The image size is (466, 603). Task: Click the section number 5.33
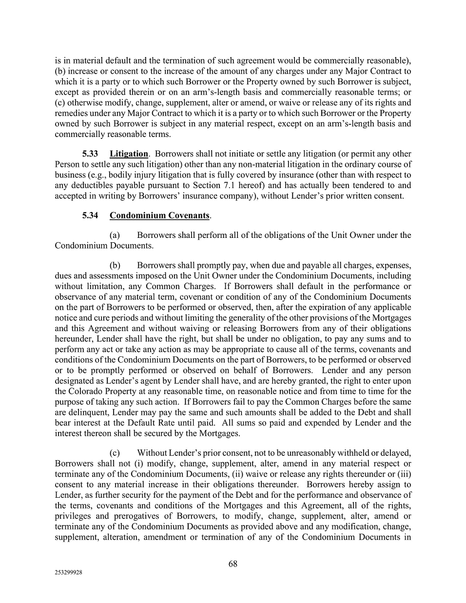(90, 154)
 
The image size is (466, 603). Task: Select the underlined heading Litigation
(129, 154)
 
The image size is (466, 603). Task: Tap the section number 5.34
(90, 215)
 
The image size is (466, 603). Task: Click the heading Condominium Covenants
(159, 215)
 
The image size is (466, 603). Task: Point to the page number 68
(233, 564)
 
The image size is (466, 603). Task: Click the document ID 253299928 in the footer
(68, 573)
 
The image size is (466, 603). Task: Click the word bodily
(119, 175)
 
